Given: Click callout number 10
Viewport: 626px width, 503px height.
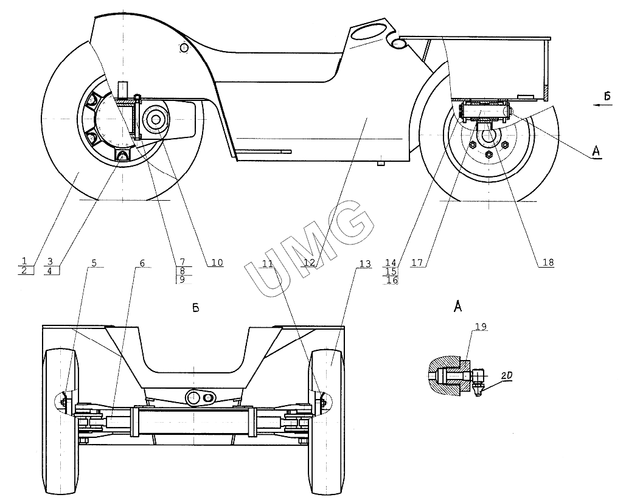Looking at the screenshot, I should click(x=217, y=263).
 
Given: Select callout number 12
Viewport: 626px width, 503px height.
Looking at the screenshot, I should click(x=310, y=263).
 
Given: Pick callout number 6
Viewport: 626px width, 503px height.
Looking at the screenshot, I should click(x=142, y=263).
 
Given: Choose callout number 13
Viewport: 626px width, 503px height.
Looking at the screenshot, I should click(x=364, y=263).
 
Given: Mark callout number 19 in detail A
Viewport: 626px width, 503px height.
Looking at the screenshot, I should click(x=481, y=327).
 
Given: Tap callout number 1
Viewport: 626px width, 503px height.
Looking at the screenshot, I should click(x=24, y=261).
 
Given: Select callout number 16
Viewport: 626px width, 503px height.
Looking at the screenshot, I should click(x=392, y=280).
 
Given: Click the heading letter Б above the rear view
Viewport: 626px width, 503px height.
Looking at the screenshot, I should click(x=195, y=308).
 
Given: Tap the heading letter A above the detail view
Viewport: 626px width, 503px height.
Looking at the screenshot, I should click(x=457, y=307).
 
